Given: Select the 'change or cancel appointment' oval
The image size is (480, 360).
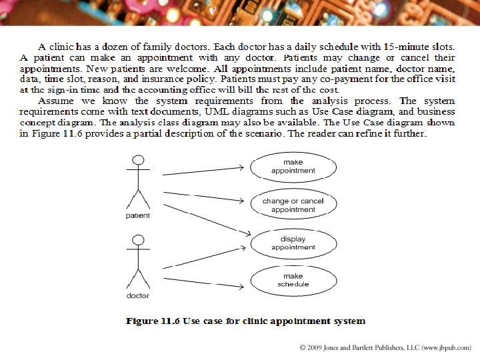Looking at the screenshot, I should pyautogui.click(x=293, y=205).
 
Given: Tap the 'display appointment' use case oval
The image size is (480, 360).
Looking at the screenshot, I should pyautogui.click(x=293, y=243).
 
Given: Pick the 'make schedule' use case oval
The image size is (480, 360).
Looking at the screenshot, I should pyautogui.click(x=293, y=280).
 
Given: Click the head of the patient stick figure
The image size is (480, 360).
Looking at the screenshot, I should pyautogui.click(x=139, y=160).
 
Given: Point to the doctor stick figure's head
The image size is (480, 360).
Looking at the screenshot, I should pyautogui.click(x=139, y=240).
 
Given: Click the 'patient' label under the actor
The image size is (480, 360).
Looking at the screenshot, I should pyautogui.click(x=138, y=215).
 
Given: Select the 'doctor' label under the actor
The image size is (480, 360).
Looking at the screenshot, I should pyautogui.click(x=138, y=295).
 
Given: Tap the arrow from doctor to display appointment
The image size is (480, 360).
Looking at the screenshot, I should pyautogui.click(x=203, y=255).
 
